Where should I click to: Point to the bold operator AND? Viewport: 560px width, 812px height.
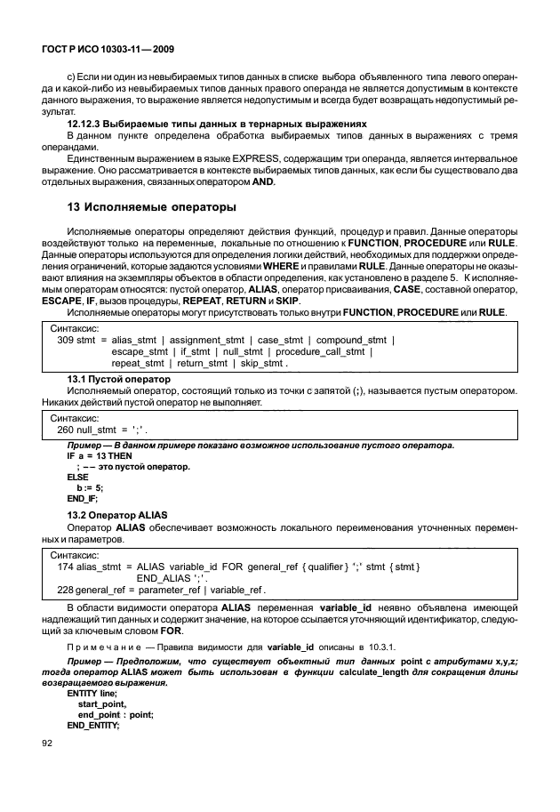(x=263, y=181)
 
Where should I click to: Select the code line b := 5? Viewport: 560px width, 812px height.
(x=91, y=487)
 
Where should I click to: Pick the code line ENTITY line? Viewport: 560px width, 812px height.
(x=92, y=691)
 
